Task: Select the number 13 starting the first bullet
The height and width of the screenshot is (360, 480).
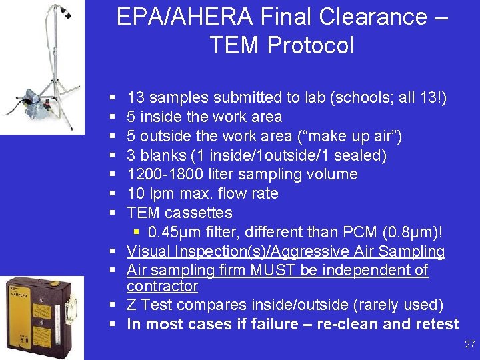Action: (136, 98)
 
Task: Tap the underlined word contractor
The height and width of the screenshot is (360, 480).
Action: (162, 286)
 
